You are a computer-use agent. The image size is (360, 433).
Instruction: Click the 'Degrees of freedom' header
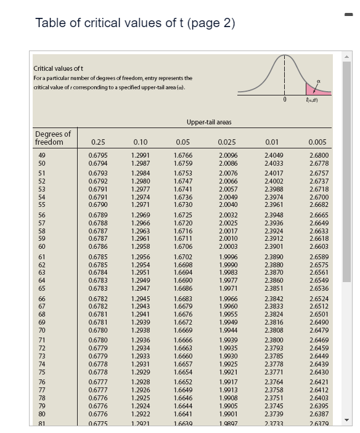tap(53, 138)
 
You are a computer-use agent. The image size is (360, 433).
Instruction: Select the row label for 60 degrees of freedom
tap(43, 246)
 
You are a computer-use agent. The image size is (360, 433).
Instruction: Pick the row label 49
tap(43, 156)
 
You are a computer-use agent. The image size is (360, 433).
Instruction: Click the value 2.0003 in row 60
tap(227, 246)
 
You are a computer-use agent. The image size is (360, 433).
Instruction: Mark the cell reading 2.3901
tap(274, 246)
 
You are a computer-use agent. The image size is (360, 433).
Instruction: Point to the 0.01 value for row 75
tap(274, 371)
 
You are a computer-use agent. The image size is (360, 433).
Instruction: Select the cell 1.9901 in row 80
tap(227, 413)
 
